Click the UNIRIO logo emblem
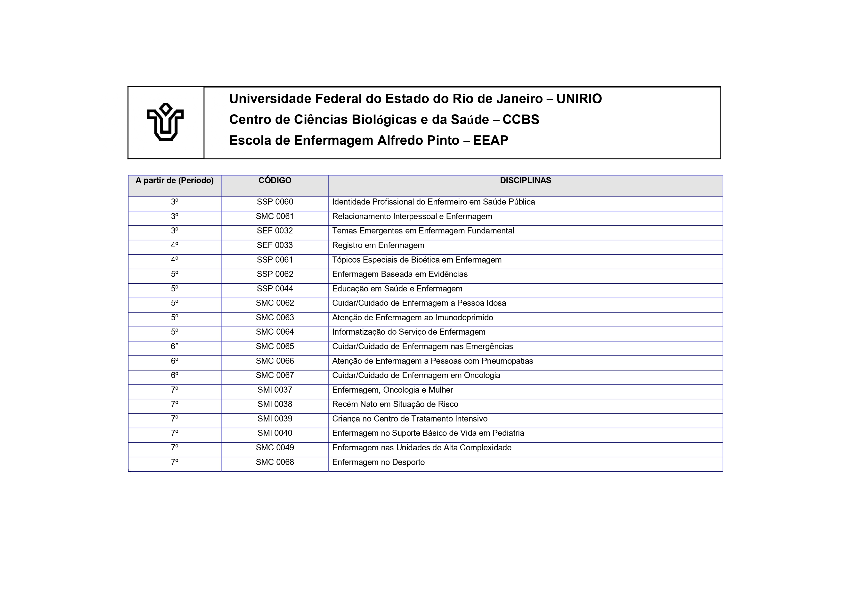[165, 122]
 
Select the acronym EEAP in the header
[490, 140]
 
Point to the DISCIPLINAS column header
[525, 181]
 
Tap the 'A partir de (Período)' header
[175, 181]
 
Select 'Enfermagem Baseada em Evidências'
[400, 274]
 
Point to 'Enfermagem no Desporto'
[378, 462]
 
